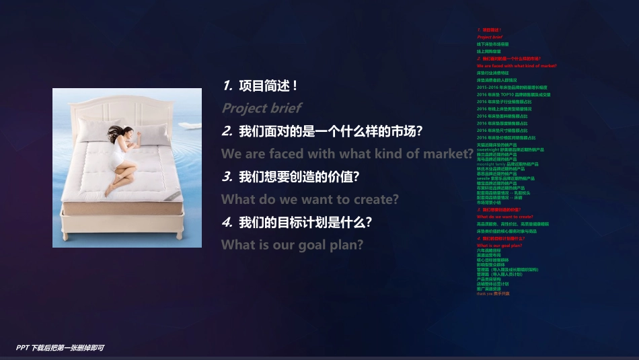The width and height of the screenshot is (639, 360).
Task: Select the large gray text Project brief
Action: [262, 108]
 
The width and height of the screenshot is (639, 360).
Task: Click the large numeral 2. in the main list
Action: [227, 131]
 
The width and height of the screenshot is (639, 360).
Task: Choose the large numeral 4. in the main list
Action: [227, 222]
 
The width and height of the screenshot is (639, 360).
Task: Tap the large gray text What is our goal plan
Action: [292, 245]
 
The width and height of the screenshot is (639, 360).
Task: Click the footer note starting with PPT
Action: [60, 348]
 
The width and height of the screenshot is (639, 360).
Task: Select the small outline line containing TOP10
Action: [514, 95]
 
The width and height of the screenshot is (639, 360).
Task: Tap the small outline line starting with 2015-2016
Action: [512, 87]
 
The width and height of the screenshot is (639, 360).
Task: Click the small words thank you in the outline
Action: [484, 293]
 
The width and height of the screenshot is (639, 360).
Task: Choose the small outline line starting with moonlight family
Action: [508, 164]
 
